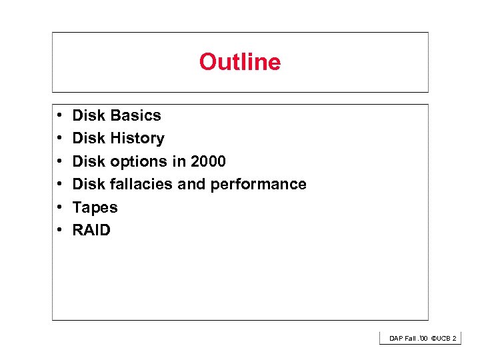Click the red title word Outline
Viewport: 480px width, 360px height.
[x=239, y=62]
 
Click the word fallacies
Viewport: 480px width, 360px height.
[x=141, y=184]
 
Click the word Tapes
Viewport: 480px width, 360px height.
[x=95, y=207]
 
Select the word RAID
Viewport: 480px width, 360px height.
[x=91, y=230]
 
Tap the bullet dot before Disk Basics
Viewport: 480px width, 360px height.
[x=60, y=116]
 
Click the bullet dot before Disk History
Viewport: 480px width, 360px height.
[x=60, y=139]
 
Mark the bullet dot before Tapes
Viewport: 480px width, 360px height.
[x=60, y=208]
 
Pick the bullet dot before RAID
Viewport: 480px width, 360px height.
[x=60, y=231]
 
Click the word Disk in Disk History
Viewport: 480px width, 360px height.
[x=89, y=138]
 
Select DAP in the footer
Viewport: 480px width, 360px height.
[x=397, y=339]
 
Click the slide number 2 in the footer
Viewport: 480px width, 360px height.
[x=455, y=339]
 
